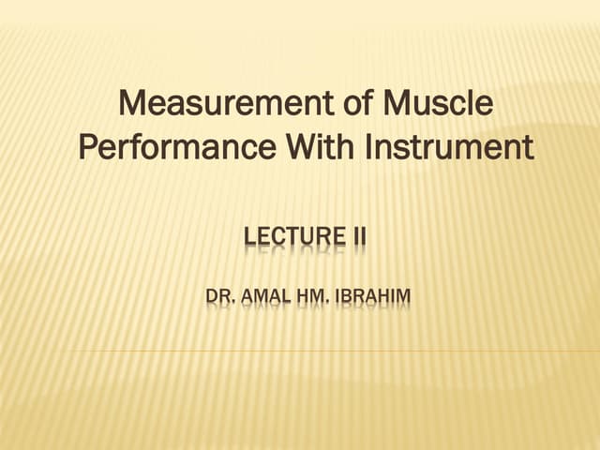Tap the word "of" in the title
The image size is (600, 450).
coord(332,103)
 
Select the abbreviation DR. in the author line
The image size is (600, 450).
coord(219,299)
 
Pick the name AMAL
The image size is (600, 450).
coord(266,299)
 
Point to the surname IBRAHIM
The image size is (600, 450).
coord(374,299)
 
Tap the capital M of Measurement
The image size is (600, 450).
coord(137,103)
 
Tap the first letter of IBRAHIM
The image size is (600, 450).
coord(341,299)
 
